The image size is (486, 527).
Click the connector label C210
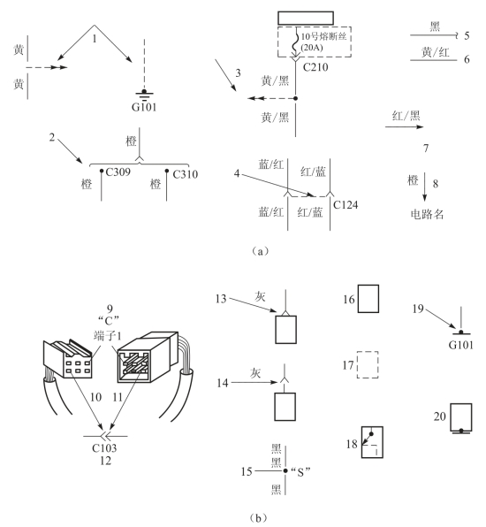tap(315, 67)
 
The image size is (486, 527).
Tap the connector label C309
tap(118, 172)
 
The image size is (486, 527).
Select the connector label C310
tap(185, 174)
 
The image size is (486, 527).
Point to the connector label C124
tap(346, 204)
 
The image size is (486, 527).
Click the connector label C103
tap(104, 448)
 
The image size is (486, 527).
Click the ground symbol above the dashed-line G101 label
tap(144, 95)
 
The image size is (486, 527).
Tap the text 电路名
tap(427, 214)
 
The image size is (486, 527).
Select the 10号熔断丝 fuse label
tap(323, 36)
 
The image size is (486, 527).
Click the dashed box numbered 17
tap(368, 364)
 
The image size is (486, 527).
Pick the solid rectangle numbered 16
tap(368, 299)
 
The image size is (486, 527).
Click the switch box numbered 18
tap(372, 442)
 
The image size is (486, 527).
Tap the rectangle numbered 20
tap(460, 417)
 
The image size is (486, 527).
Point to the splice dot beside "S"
tap(285, 471)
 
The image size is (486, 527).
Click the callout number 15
tap(247, 471)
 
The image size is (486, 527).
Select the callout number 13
tap(221, 299)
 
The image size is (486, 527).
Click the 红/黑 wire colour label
tap(406, 116)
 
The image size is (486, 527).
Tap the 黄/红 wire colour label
tap(436, 52)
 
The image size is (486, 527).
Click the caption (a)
tap(260, 251)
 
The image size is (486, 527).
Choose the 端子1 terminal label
tap(108, 335)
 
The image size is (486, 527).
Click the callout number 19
tap(418, 309)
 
